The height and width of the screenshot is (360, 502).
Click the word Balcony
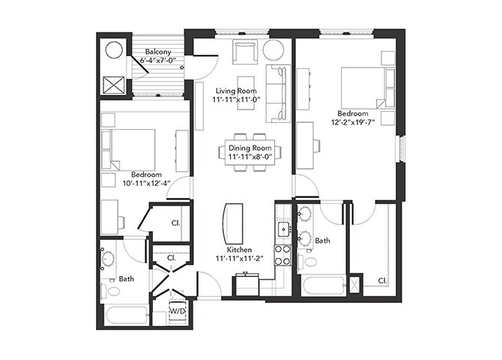click(158, 53)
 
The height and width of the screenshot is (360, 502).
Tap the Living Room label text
click(236, 91)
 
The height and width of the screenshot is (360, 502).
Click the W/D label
click(178, 310)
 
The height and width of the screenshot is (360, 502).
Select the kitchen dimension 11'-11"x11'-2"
click(240, 259)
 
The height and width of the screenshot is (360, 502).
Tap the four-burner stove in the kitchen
click(283, 255)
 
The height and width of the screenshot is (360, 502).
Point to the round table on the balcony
click(115, 50)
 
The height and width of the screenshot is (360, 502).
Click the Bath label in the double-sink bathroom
click(322, 241)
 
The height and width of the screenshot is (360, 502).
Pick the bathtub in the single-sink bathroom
click(124, 314)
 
